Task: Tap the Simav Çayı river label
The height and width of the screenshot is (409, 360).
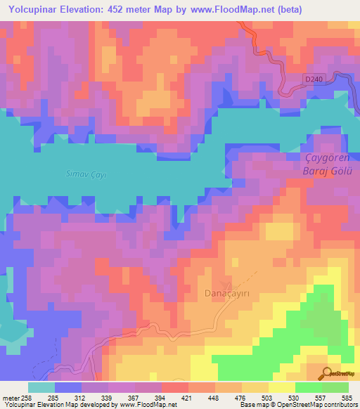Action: (85, 173)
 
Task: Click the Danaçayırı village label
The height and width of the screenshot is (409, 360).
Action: (226, 292)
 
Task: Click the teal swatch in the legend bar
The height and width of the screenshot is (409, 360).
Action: (41, 387)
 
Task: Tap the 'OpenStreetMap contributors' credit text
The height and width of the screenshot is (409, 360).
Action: (320, 405)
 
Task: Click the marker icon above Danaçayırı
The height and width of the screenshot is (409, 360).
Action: (226, 283)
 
